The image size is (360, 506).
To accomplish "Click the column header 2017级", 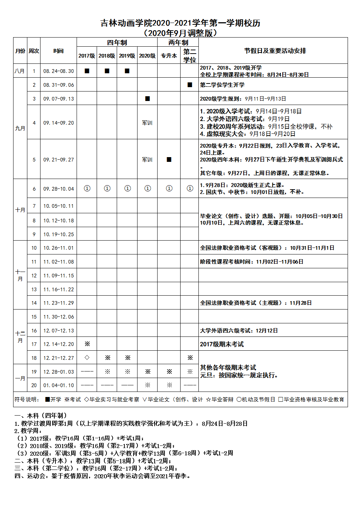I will click(87, 56).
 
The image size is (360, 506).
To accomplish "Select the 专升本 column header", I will click(169, 56).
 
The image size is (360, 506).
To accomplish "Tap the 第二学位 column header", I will click(190, 56).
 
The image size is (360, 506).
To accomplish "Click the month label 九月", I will click(20, 128).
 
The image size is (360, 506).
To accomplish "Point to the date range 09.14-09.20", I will click(58, 123).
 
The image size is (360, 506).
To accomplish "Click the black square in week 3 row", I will click(147, 98).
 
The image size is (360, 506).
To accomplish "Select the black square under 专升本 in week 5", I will click(169, 159).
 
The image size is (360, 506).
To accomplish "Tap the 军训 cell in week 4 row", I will click(147, 123).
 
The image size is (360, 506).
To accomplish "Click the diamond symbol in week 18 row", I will click(87, 358).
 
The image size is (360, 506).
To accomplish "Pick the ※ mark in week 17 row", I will click(87, 344).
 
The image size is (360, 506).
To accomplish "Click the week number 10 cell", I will click(34, 248).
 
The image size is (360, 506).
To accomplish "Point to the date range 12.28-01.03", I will click(58, 372).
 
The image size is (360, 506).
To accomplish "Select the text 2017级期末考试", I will click(222, 344).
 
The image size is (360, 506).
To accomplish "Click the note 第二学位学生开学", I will click(222, 85).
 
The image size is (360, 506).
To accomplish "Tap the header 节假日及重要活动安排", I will click(275, 51).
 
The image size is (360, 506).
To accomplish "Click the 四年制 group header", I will click(117, 42).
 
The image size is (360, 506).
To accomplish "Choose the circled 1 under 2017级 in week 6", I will click(87, 188).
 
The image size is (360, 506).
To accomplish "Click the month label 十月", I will click(20, 210).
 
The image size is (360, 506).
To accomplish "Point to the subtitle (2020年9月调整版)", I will click(181, 33).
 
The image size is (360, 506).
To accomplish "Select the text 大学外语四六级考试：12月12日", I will click(239, 331).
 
